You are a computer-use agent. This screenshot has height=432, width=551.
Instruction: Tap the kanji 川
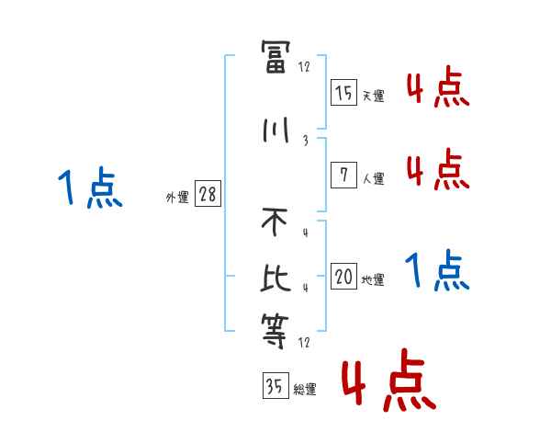tap(275, 131)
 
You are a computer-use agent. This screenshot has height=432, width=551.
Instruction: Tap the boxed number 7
tap(343, 175)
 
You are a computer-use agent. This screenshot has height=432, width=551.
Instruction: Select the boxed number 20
tap(343, 277)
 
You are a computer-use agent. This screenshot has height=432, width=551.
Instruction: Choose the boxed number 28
tap(208, 194)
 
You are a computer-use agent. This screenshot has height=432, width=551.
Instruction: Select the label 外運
tap(176, 197)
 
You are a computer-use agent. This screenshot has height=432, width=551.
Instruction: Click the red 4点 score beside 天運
tap(437, 88)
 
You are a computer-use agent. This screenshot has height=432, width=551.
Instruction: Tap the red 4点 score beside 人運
tap(437, 170)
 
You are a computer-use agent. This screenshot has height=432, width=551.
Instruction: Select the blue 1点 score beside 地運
tap(437, 270)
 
